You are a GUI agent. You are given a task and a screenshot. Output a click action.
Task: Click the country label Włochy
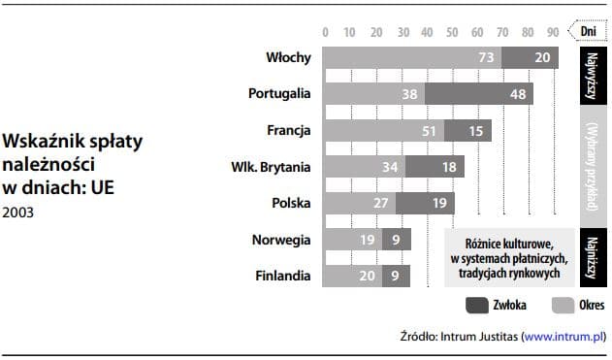pyautogui.click(x=288, y=57)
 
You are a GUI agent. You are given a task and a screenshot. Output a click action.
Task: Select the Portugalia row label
pyautogui.click(x=279, y=94)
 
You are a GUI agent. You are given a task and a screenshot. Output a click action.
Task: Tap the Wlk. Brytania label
pyautogui.click(x=272, y=167)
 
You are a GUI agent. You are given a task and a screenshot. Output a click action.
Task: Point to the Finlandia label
pyautogui.click(x=283, y=276)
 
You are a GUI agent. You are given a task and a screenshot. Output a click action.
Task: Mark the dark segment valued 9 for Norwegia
pyautogui.click(x=396, y=240)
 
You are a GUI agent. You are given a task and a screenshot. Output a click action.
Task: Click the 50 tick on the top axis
pyautogui.click(x=451, y=30)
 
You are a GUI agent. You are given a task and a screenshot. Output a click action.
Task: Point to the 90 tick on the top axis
pyautogui.click(x=552, y=30)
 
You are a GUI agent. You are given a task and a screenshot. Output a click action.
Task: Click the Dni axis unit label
pyautogui.click(x=588, y=30)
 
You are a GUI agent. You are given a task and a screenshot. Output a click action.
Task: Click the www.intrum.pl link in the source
pyautogui.click(x=563, y=338)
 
